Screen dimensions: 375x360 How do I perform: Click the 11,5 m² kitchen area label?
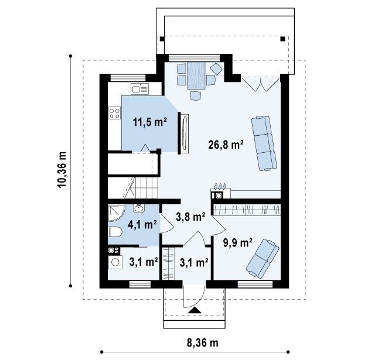[150, 122]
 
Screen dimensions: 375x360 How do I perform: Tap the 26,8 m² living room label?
[226, 145]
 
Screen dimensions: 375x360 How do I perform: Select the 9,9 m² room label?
[238, 243]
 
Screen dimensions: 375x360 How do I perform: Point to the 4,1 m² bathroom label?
[142, 225]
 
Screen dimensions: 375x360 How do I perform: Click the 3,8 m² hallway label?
[190, 217]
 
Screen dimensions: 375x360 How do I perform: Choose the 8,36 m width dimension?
[203, 343]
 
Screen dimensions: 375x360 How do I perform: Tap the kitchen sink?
[139, 89]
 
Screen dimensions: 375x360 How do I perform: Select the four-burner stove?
[114, 113]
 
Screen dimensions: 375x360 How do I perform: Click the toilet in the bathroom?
[115, 232]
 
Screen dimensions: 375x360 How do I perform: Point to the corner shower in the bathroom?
[116, 213]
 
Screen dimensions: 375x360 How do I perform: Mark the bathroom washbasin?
[139, 208]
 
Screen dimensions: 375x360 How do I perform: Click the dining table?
[196, 76]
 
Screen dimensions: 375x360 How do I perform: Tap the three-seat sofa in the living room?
[264, 143]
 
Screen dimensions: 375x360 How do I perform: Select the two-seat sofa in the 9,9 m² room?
[262, 259]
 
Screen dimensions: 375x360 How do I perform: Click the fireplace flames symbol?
[220, 186]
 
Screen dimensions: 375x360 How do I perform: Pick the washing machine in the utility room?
[115, 262]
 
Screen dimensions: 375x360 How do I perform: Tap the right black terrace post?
[282, 39]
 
